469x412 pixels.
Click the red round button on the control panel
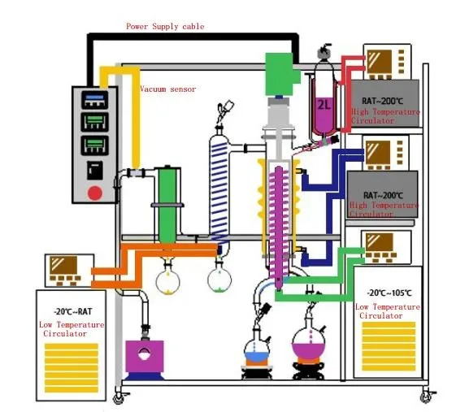click(95, 193)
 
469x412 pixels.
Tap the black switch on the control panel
click(95, 170)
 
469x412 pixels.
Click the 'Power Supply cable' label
click(165, 27)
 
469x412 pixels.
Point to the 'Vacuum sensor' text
click(167, 89)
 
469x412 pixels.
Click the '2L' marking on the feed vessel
click(324, 105)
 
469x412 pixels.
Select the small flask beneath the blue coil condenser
click(219, 279)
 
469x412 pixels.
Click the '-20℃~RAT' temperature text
click(72, 311)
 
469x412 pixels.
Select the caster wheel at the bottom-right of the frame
click(425, 396)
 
